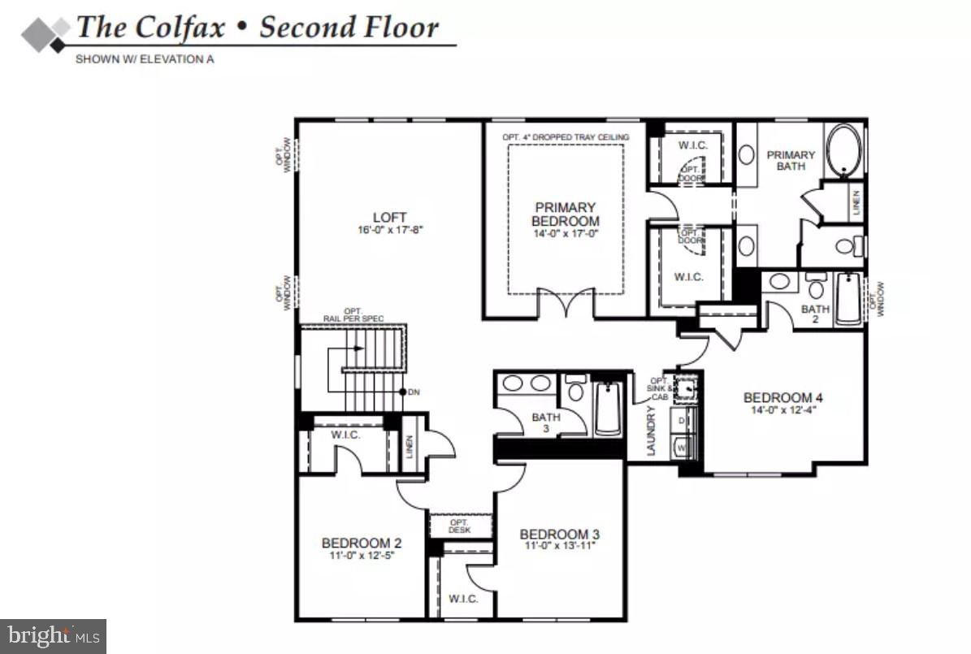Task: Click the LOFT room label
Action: coord(390,217)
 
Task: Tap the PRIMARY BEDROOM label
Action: coord(565,214)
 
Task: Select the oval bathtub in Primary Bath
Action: coord(845,150)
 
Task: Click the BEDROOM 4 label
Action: coord(783,397)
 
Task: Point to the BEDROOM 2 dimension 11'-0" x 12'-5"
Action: coord(362,557)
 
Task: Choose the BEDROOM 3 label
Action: coord(560,534)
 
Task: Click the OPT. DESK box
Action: coord(461,526)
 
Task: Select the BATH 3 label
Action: coord(546,422)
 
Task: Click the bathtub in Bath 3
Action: coord(608,408)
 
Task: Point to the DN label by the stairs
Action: coord(414,392)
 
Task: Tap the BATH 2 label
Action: coord(815,314)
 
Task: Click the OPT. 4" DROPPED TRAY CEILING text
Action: coord(566,137)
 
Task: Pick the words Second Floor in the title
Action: coord(349,28)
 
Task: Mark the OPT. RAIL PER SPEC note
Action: coord(353,315)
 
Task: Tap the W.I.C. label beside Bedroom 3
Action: coord(462,599)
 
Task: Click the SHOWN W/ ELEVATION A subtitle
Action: coord(145,59)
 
